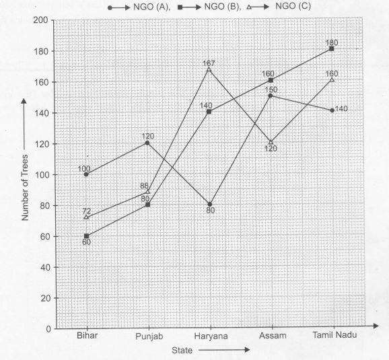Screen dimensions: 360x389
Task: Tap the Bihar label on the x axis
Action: (86, 336)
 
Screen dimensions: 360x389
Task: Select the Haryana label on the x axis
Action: (209, 336)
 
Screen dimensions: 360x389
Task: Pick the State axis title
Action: (183, 350)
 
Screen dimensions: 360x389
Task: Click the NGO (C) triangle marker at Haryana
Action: (209, 70)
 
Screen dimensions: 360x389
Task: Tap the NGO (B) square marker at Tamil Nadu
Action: (332, 49)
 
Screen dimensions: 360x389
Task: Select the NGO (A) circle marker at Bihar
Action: (86, 174)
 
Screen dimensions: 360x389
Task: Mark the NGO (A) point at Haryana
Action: (209, 205)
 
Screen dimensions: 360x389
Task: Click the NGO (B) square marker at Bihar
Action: (86, 236)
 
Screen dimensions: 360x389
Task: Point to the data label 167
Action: (209, 63)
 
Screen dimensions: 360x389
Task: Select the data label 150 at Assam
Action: (271, 89)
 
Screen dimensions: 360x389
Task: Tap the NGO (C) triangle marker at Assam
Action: (271, 143)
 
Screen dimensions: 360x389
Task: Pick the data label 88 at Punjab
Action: (144, 186)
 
